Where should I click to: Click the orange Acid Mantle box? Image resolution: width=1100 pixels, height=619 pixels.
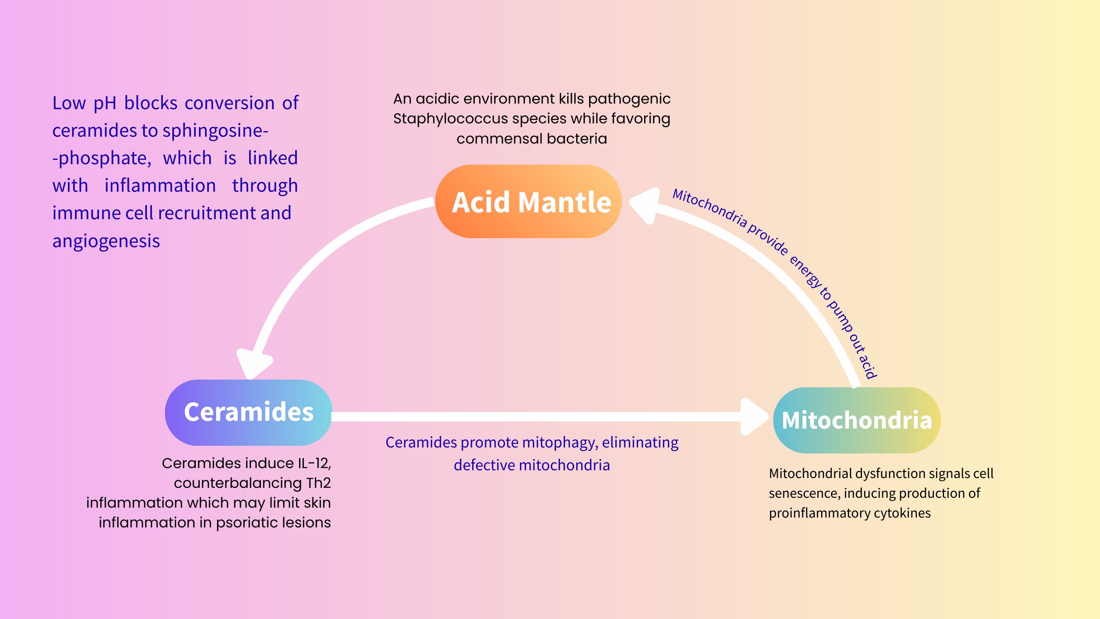(528, 202)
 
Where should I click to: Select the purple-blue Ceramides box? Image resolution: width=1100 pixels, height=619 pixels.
(248, 412)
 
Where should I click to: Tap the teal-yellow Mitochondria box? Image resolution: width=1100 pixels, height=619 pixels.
(856, 420)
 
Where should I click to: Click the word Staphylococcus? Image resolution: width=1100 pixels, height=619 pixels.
(450, 119)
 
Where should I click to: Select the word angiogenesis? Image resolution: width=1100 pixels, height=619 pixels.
(106, 241)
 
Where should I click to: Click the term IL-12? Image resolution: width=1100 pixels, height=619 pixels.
(314, 463)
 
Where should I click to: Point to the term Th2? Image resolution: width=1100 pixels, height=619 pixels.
(318, 483)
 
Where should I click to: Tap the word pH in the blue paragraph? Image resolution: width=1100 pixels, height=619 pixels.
(105, 104)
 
